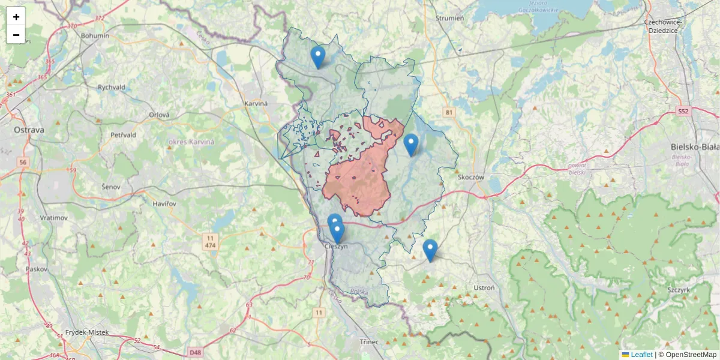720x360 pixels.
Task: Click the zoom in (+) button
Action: pyautogui.click(x=16, y=17)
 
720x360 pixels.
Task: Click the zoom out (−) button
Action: pyautogui.click(x=16, y=35)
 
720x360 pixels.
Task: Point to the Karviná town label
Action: pyautogui.click(x=256, y=104)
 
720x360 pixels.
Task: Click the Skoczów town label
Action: pyautogui.click(x=470, y=178)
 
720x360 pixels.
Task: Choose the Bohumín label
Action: pyautogui.click(x=95, y=35)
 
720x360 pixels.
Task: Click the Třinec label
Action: pyautogui.click(x=369, y=341)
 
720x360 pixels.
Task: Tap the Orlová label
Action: pyautogui.click(x=160, y=115)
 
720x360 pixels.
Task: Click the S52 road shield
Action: pyautogui.click(x=683, y=112)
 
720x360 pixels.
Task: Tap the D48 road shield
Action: pyautogui.click(x=195, y=352)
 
